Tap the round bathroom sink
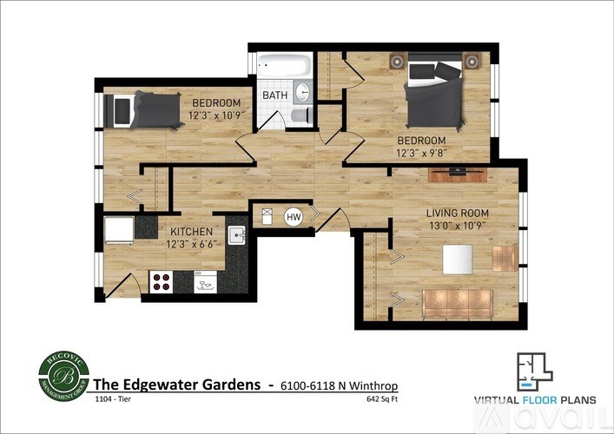click(303, 93)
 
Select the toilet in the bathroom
click(299, 116)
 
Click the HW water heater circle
click(294, 218)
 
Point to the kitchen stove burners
click(162, 280)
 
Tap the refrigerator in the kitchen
click(118, 231)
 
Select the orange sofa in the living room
click(457, 302)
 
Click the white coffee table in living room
click(457, 259)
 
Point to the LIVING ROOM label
click(457, 213)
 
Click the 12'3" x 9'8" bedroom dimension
click(421, 153)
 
